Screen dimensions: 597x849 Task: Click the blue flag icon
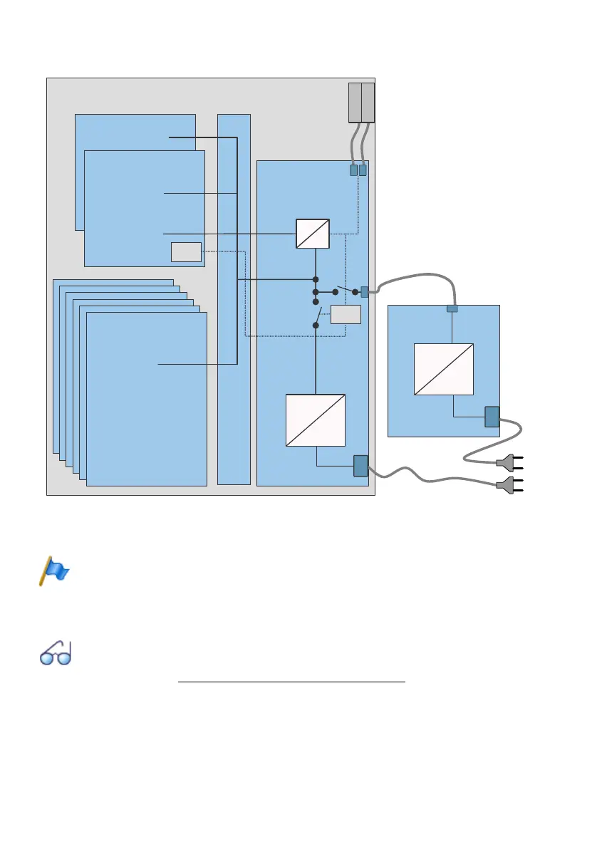53,571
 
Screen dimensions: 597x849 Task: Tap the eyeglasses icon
55,654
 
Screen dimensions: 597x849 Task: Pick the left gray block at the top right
355,102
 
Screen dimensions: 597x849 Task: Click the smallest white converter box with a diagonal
313,233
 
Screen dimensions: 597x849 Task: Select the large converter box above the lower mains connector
316,420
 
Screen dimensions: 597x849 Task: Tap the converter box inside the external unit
444,368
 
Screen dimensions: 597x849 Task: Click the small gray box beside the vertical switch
346,315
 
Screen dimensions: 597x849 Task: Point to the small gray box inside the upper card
186,252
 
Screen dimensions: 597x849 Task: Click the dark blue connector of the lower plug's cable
360,466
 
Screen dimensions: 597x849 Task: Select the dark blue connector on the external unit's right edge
492,416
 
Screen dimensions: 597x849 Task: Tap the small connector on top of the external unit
452,308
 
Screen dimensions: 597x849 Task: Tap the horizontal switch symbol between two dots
345,291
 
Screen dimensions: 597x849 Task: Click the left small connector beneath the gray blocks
353,171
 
